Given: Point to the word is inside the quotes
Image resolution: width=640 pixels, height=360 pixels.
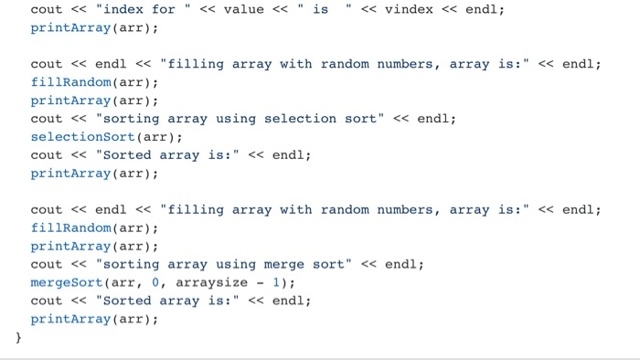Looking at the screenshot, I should point(320,9).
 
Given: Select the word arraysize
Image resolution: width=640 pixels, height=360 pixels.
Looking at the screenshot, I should point(211,282).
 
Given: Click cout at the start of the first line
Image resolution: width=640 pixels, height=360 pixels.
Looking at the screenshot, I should point(47,9).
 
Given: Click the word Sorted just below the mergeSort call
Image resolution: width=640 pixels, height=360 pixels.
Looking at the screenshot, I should point(127,301).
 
